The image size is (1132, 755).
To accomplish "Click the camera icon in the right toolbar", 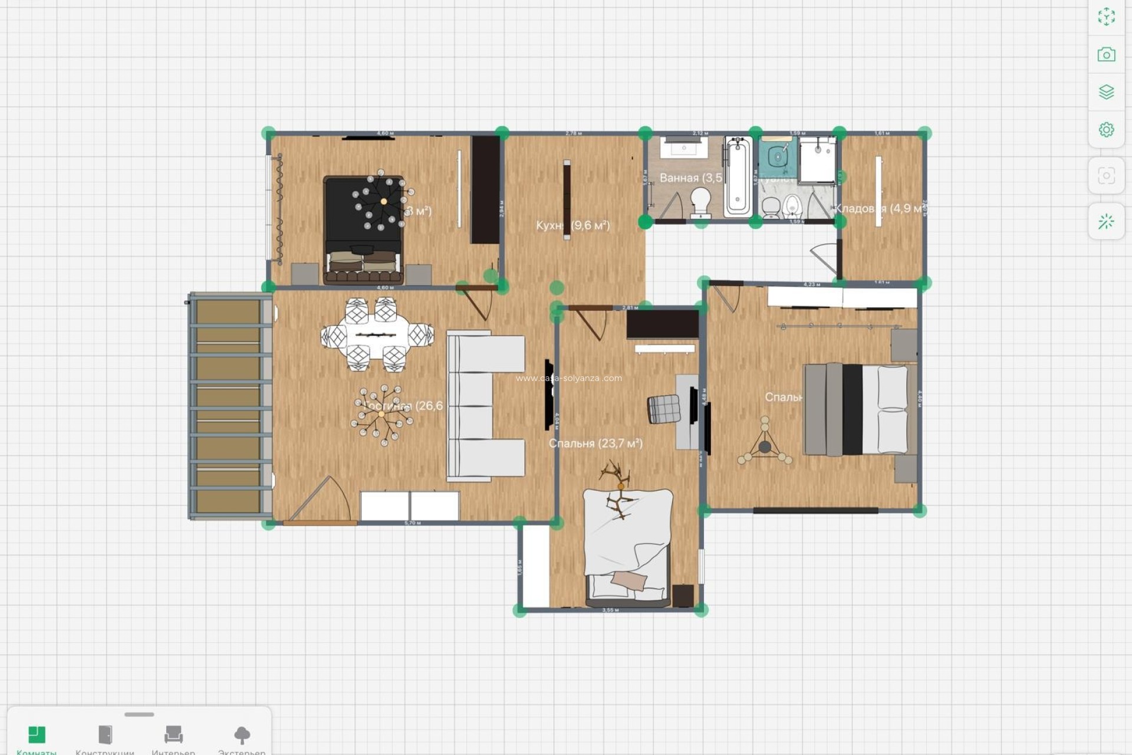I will [1106, 55].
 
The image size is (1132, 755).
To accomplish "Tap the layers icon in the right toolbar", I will [1106, 92].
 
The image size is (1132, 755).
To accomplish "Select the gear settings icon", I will [1106, 130].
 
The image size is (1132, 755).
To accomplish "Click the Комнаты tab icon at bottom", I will [37, 735].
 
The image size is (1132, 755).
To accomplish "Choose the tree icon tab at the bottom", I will [242, 735].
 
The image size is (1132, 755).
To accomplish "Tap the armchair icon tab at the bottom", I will [173, 735].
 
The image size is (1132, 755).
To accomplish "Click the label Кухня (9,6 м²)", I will [572, 225].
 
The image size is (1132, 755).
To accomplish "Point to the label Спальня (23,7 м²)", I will [595, 443].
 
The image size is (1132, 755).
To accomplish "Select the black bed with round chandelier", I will [363, 230].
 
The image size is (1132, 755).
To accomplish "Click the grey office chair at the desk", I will [663, 409].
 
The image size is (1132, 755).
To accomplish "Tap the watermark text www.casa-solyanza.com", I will [568, 378].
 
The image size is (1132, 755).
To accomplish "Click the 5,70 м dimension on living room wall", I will [413, 523].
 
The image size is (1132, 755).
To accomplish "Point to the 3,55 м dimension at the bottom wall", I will [610, 610].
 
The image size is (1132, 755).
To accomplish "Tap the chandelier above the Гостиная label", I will [381, 415].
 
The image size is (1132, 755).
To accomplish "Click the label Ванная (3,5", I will [690, 178].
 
